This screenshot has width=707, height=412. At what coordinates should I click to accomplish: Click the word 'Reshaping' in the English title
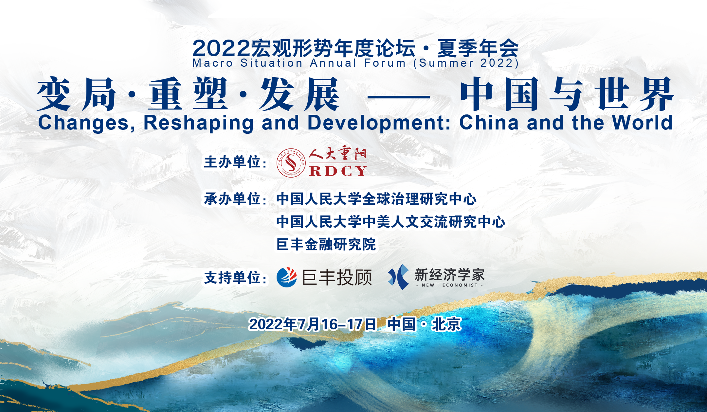point(198,123)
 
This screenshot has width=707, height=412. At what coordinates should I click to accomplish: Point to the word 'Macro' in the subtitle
point(213,63)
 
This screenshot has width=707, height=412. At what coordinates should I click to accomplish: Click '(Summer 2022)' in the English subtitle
point(466,63)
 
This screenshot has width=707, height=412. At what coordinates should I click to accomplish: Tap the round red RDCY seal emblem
point(291,163)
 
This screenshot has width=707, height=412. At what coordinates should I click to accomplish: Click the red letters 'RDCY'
point(338,171)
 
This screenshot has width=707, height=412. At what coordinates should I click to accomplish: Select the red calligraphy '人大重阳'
point(338,154)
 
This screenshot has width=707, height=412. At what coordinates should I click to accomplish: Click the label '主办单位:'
point(235,162)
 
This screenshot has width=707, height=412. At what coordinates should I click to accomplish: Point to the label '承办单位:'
point(235,199)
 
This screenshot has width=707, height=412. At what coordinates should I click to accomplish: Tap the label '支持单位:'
point(235,278)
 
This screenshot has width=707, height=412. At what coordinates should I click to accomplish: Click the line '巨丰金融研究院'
point(326,244)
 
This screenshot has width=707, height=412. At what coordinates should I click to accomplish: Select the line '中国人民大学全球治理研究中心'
point(376,199)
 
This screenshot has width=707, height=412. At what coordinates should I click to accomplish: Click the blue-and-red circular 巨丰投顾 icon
point(287,277)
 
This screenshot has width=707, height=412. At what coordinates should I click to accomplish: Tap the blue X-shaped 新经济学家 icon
point(398,277)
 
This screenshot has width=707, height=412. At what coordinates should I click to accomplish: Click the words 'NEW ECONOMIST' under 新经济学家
point(450,285)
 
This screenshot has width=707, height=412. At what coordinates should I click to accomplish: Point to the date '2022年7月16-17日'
point(313,324)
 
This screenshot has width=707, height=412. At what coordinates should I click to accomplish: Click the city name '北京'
point(446,324)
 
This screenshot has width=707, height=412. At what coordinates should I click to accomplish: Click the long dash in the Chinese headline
point(399,97)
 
